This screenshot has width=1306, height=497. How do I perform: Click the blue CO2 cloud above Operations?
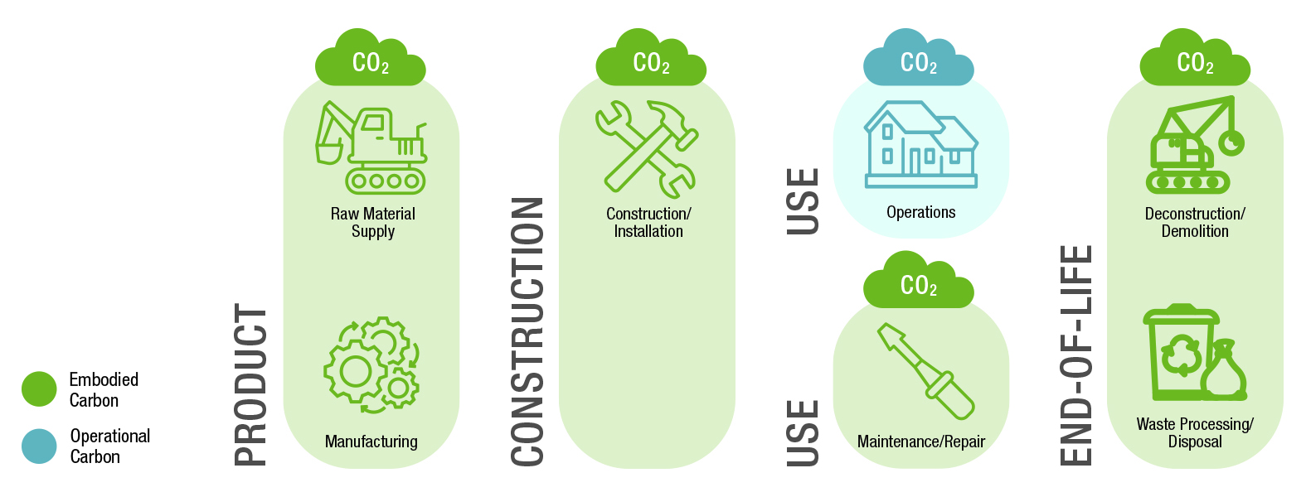tap(918, 60)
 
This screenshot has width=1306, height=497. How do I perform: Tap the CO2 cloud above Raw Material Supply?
tap(370, 60)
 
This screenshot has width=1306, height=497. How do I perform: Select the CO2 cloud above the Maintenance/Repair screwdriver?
tap(918, 282)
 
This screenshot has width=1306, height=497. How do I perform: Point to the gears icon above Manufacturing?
tap(371, 364)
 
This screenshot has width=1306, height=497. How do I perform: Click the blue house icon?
tap(920, 145)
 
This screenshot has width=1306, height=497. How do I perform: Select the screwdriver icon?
tap(925, 370)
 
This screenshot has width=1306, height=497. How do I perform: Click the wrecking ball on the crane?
tap(1233, 142)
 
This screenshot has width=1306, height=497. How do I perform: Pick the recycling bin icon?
tap(1179, 352)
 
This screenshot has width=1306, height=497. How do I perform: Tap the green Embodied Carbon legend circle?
tap(39, 389)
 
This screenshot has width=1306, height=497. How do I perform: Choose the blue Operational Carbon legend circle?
tap(39, 446)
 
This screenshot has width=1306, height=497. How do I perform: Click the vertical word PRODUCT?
tap(250, 384)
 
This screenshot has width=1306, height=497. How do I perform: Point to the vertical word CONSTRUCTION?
tap(527, 331)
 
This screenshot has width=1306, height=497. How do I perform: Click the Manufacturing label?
tap(371, 442)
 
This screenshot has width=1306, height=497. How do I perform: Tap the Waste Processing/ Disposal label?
tap(1195, 432)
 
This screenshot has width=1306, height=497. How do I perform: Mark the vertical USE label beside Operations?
tap(802, 201)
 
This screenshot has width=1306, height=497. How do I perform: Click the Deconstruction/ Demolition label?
tap(1195, 222)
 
